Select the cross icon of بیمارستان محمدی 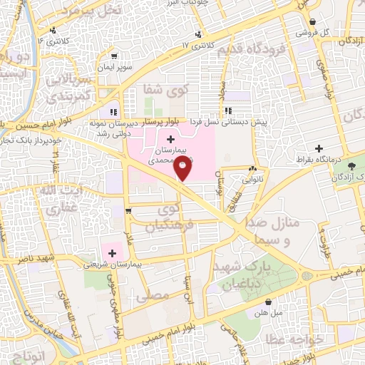pos(170,138)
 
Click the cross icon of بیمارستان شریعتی pos(111,252)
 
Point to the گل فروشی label pos(334,32)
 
